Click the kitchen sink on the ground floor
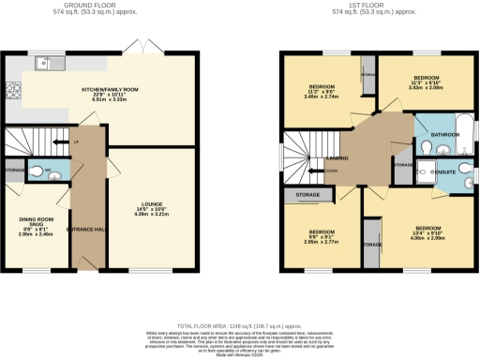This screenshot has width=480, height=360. tap(43, 64)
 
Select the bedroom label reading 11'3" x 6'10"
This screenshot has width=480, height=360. tap(423, 82)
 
